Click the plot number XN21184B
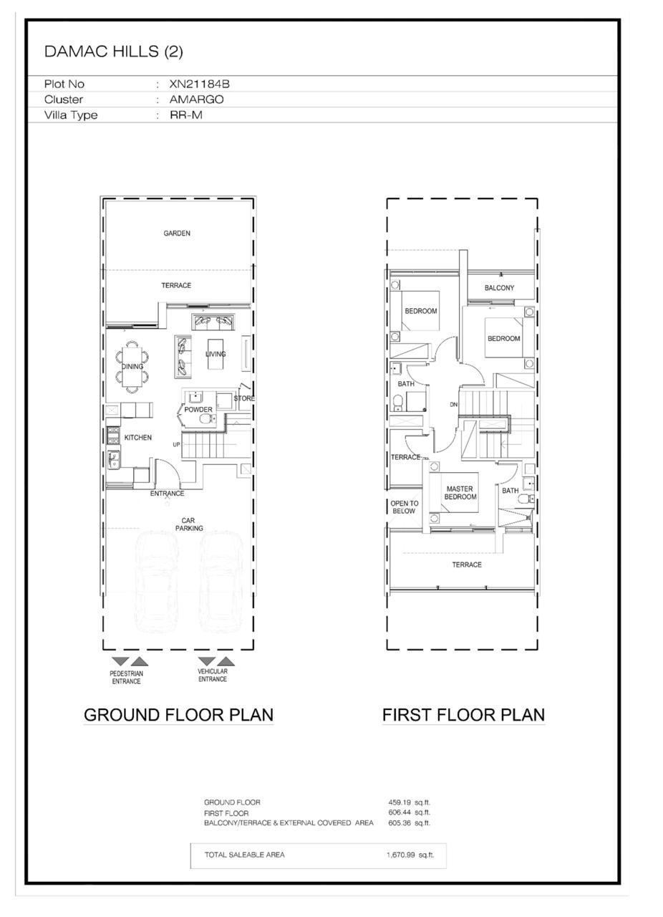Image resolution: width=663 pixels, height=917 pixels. [x=199, y=84]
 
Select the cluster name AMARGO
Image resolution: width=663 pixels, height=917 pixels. [x=196, y=100]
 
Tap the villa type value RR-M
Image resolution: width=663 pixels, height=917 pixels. [x=186, y=115]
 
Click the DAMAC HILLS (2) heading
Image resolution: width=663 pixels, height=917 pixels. [x=113, y=51]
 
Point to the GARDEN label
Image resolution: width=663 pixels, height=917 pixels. [x=177, y=234]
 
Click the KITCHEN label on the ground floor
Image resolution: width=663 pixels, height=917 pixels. [x=138, y=438]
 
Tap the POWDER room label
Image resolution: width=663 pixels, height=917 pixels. [x=198, y=409]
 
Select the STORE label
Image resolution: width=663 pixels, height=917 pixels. [x=244, y=398]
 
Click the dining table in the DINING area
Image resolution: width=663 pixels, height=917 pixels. [x=132, y=366]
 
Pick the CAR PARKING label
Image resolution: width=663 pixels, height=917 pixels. [x=189, y=524]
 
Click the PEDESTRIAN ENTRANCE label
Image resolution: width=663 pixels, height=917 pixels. [x=127, y=678]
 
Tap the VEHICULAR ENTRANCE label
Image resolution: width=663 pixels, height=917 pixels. [x=213, y=676]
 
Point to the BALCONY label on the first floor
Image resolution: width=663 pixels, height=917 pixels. [x=499, y=288]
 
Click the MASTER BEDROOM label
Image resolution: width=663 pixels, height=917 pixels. [x=460, y=493]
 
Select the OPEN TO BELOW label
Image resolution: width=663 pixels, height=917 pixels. [x=405, y=507]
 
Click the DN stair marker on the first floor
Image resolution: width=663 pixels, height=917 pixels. [x=453, y=405]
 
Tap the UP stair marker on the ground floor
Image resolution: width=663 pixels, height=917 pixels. [x=176, y=445]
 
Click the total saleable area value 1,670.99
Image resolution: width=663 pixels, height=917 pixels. [x=401, y=855]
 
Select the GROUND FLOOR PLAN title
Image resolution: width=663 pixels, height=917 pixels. [x=178, y=715]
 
